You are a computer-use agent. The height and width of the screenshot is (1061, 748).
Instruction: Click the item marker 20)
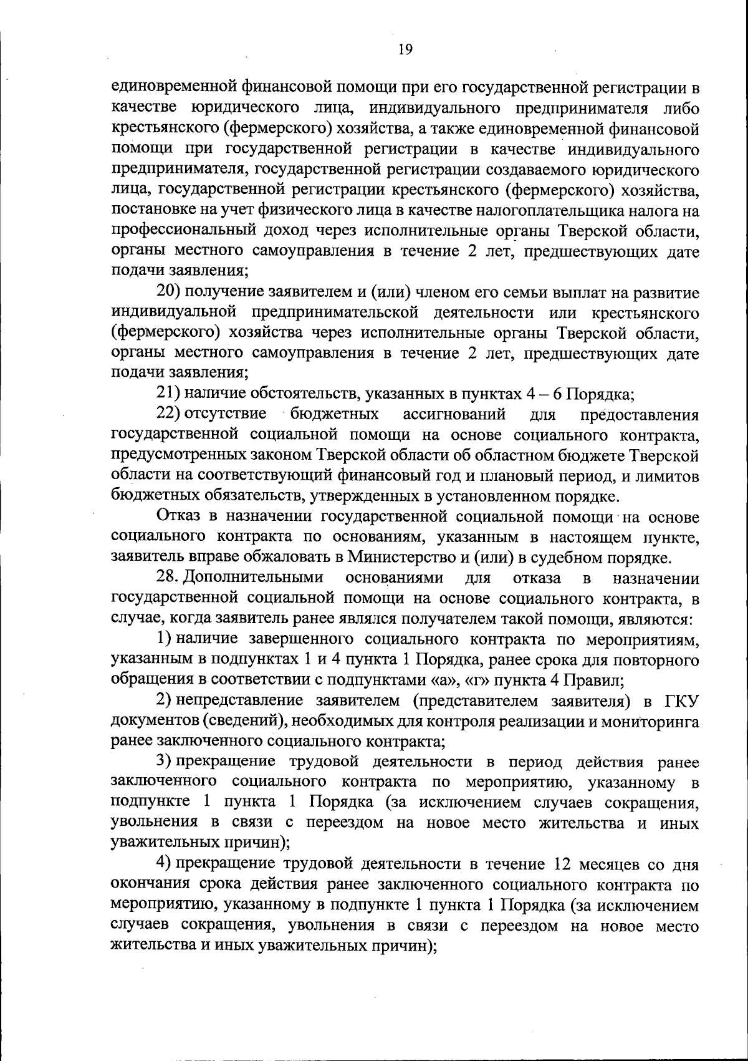pos(168,292)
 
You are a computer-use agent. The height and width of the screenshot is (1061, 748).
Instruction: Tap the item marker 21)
pos(168,394)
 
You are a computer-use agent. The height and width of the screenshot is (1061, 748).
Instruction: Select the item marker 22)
pos(168,414)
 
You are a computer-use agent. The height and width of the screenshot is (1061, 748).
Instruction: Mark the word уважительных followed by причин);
pos(165,843)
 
